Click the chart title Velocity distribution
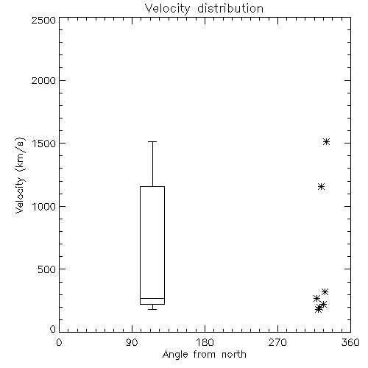[x=204, y=9]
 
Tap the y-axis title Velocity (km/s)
[x=20, y=175]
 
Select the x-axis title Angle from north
[x=205, y=355]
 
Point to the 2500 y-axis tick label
[x=43, y=20]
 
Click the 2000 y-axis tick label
[x=43, y=80]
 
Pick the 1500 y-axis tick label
[x=44, y=144]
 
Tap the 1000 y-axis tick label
[x=44, y=206]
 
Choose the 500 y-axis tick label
[x=46, y=269]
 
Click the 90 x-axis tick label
[x=132, y=342]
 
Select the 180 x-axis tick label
[x=205, y=342]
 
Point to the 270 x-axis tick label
[x=277, y=342]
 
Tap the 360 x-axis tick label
[x=350, y=342]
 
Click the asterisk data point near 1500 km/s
[x=326, y=142]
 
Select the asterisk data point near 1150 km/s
[x=321, y=187]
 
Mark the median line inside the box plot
[x=152, y=298]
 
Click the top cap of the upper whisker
[x=152, y=142]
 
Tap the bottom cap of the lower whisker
[x=152, y=309]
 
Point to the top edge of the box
[x=152, y=187]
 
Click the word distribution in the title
[x=230, y=9]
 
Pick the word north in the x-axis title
[x=234, y=355]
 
